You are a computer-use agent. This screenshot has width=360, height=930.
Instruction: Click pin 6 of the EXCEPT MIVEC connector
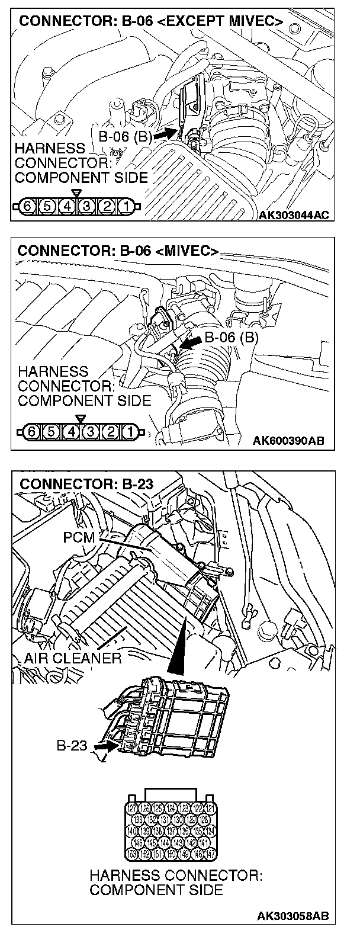[27, 207]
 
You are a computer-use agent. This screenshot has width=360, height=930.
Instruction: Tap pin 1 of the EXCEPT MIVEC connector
[126, 207]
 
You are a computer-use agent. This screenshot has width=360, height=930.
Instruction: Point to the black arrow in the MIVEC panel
[191, 342]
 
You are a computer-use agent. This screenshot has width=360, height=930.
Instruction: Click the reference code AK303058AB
[292, 916]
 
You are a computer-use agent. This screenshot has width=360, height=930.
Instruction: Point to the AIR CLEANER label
[73, 658]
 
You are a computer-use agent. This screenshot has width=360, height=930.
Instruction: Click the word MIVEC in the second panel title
[191, 251]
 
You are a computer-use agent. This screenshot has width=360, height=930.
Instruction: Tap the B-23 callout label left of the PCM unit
[72, 745]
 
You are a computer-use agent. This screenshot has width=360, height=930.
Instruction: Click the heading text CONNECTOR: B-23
[86, 485]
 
